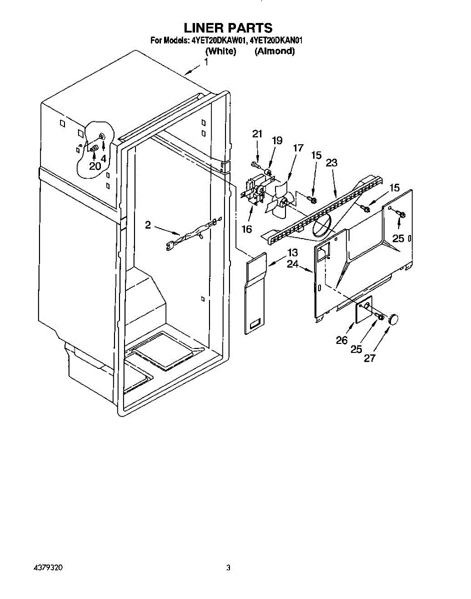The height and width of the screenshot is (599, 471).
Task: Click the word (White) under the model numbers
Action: point(220,51)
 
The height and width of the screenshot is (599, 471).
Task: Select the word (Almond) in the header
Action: point(274,51)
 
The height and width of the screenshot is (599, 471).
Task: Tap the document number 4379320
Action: point(49,568)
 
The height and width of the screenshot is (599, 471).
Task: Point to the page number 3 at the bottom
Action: point(228,568)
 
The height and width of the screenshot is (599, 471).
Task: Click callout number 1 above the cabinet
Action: point(206,62)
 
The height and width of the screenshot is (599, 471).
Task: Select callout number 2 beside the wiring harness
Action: point(148,225)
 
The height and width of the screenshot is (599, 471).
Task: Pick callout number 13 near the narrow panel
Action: point(292,253)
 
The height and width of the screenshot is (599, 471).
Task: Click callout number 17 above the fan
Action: point(298,148)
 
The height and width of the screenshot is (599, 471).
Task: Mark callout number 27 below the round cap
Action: point(369,358)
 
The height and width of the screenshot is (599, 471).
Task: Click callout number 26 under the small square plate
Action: point(342,340)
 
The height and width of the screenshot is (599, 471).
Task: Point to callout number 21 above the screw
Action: point(257,134)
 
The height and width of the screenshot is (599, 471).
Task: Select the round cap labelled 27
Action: point(395,318)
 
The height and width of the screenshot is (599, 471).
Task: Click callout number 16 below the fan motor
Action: point(246,229)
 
